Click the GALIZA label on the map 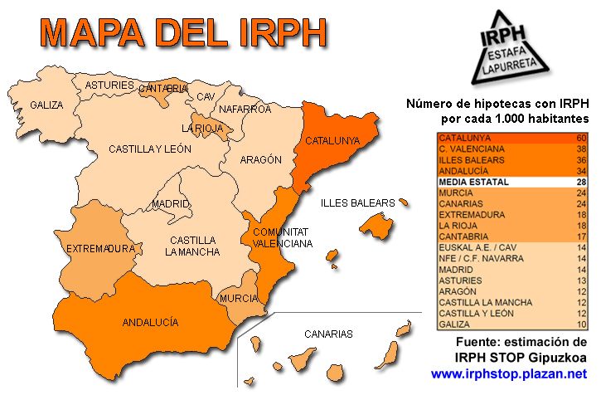(46, 105)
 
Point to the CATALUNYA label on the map (332, 141)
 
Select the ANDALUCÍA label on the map (150, 322)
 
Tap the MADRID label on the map (171, 204)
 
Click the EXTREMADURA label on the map (100, 248)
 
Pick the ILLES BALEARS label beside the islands (359, 202)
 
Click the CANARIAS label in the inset (328, 334)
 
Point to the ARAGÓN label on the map (260, 159)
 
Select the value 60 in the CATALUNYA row (581, 138)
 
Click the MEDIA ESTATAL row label (474, 182)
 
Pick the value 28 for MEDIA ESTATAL (581, 182)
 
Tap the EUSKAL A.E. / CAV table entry (481, 247)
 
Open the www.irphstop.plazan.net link (509, 374)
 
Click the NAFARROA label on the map (245, 109)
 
